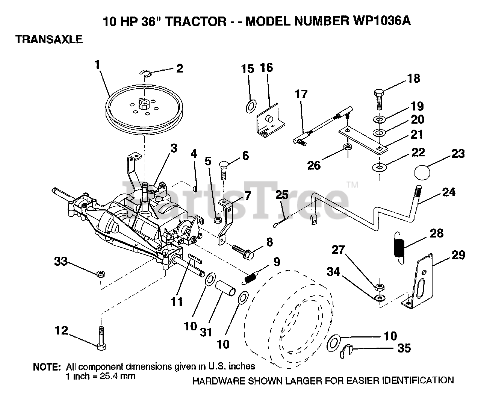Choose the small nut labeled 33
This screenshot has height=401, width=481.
(x=100, y=274)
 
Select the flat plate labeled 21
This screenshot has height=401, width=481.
(x=362, y=140)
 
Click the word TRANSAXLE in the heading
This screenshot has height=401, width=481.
(x=49, y=39)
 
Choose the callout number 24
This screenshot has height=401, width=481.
(x=448, y=192)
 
